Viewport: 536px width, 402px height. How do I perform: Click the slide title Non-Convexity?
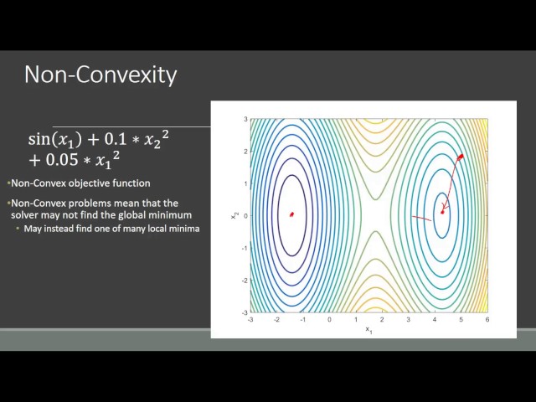(100, 75)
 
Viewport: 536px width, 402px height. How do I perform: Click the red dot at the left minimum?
(291, 214)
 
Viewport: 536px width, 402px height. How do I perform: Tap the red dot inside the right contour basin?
(442, 212)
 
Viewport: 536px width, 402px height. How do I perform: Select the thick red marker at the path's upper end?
(460, 157)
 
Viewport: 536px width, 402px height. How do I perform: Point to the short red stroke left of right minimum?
(422, 219)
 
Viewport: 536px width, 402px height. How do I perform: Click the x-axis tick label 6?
(487, 319)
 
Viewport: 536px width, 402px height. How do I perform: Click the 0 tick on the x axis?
(329, 319)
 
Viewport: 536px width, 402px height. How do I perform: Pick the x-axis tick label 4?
(434, 319)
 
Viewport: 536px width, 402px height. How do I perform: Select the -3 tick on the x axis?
(250, 319)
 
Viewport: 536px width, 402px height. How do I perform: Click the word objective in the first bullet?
(95, 183)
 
